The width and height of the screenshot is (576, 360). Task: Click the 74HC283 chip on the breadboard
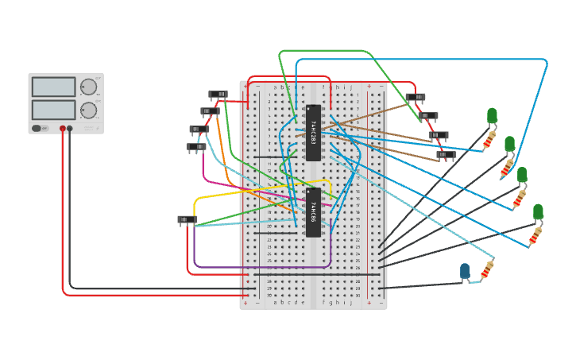(x=313, y=133)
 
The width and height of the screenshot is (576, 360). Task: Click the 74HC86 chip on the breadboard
(x=313, y=212)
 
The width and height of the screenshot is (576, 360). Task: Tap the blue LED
(x=465, y=272)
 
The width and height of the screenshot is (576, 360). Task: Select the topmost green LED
(x=492, y=116)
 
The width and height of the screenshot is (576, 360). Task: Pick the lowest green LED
(x=538, y=211)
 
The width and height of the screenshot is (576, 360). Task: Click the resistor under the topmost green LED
(x=489, y=141)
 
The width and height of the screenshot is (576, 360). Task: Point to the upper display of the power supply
(x=54, y=87)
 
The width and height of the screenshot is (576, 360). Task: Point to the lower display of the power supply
(x=54, y=110)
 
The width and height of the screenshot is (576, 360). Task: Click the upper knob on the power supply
(x=88, y=87)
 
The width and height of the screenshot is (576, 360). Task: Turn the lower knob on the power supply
(x=88, y=110)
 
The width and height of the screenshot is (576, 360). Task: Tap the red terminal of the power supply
(x=63, y=128)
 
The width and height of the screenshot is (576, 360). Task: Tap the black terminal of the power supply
(x=70, y=128)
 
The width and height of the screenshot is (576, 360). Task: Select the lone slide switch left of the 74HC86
(x=187, y=219)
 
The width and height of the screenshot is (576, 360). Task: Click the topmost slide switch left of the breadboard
(x=218, y=95)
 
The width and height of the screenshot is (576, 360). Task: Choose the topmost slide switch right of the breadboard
(x=415, y=98)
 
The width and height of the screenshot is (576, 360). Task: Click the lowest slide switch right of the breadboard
(x=446, y=155)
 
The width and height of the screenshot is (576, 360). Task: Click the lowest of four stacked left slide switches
(x=195, y=146)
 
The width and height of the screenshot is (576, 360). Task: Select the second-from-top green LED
(x=509, y=144)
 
